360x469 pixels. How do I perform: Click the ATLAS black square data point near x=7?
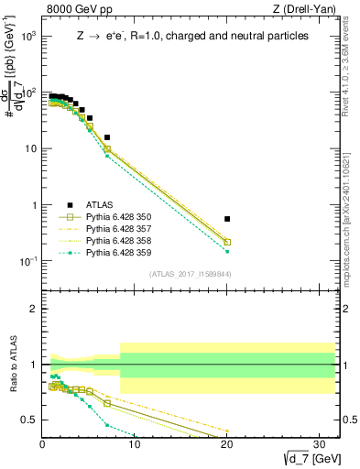(x=107, y=137)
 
